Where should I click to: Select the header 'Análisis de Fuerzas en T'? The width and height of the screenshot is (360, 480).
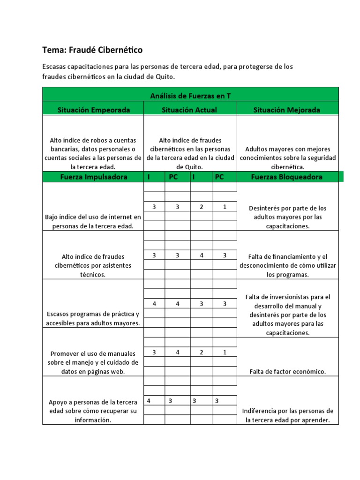tap(190, 96)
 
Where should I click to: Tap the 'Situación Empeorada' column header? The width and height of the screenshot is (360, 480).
tap(93, 110)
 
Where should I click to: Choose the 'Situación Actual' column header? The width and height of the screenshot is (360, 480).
tap(190, 110)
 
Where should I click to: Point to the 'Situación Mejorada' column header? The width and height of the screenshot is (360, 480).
tap(287, 110)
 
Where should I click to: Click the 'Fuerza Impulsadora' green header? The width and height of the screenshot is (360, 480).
tap(93, 177)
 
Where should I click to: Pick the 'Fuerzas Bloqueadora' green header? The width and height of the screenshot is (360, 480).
tap(287, 177)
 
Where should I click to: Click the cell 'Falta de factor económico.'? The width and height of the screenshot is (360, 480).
tap(287, 372)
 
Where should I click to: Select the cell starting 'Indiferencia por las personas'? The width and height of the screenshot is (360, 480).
tap(287, 415)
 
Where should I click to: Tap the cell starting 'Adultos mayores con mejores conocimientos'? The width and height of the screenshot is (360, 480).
tap(287, 157)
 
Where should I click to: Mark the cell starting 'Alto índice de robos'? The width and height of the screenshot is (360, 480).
tap(93, 153)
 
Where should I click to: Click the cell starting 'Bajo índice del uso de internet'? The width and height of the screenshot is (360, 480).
tap(93, 221)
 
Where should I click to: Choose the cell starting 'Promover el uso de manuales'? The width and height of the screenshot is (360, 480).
tap(93, 362)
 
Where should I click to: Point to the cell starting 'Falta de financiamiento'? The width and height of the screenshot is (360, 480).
tap(287, 265)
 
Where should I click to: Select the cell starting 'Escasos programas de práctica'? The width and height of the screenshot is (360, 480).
tap(93, 318)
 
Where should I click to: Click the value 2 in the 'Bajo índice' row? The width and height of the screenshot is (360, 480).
tap(202, 207)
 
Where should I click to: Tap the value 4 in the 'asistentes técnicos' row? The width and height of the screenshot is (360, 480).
tap(202, 255)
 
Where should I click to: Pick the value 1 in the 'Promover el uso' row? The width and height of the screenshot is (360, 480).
tap(225, 352)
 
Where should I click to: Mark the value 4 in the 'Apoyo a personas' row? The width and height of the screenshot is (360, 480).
tap(149, 401)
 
